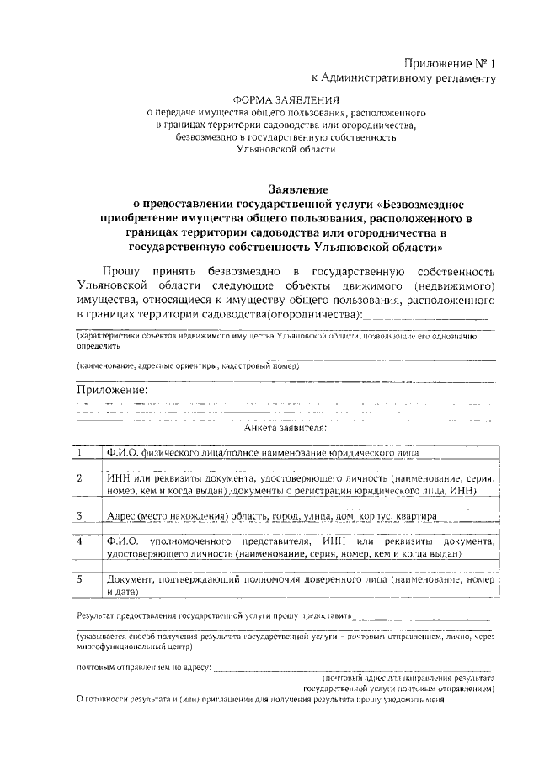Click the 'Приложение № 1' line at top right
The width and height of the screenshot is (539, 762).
tap(445, 63)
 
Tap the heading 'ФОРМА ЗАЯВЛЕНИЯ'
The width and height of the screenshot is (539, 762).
tap(286, 99)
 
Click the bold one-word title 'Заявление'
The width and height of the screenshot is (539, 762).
tap(285, 189)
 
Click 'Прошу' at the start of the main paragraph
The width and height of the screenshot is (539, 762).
tap(123, 272)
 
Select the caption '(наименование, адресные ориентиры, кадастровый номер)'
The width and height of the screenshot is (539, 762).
tap(188, 366)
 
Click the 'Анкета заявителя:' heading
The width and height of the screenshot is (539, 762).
tap(286, 428)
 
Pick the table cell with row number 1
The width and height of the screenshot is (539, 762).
tap(87, 452)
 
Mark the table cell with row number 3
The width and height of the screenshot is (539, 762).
tap(87, 515)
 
